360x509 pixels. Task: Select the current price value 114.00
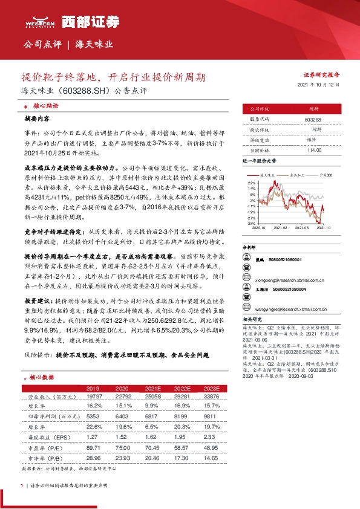(313, 150)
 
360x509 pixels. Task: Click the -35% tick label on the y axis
(251, 223)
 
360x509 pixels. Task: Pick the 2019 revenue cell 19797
(93, 397)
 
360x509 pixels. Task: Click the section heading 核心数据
(41, 377)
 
